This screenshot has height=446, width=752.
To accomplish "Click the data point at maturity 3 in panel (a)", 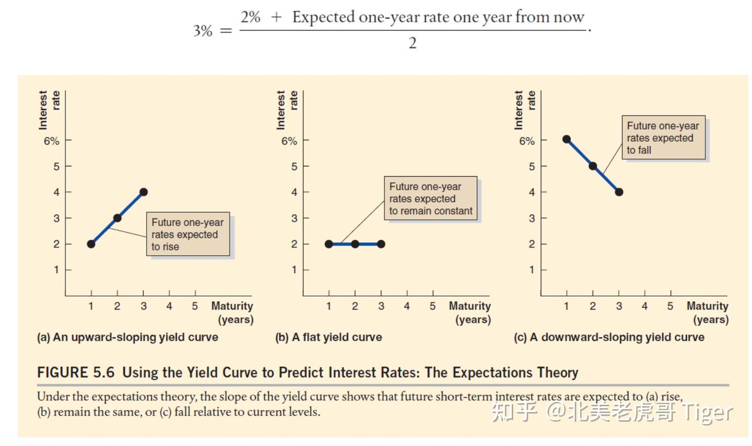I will point(144,192).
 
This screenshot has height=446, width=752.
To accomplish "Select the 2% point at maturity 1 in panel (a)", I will point(91,244).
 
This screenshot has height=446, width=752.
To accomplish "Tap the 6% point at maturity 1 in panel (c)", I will point(567,139).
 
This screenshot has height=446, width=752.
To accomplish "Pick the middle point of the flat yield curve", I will point(355,244).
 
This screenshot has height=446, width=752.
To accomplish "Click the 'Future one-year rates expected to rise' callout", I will point(187,234).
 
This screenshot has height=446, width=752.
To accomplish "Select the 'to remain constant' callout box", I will point(430,198).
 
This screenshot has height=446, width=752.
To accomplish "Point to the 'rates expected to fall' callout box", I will point(663,138).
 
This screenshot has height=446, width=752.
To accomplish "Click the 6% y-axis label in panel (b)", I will point(289,141).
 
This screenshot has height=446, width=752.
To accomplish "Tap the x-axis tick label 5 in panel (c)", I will point(670,306).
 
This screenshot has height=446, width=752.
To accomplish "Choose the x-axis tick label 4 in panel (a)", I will point(169,306).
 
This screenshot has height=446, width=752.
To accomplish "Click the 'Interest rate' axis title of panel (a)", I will point(49,110).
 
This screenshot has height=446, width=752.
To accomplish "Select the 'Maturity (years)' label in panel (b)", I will point(470,312).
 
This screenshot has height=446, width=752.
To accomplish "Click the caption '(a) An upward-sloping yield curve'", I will point(127,337).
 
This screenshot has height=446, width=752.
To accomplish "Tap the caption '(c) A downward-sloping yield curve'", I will point(609,337).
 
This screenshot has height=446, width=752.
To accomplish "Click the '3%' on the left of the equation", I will point(203,31).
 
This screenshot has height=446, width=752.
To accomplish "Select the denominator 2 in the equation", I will point(413,43).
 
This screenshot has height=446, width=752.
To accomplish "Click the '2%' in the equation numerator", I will point(251,17).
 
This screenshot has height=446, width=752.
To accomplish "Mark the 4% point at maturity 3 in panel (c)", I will point(619,192).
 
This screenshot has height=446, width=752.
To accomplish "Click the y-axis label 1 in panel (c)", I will point(532,269).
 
